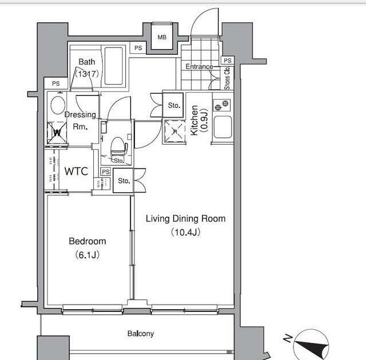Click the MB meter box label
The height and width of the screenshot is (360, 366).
click(x=162, y=37)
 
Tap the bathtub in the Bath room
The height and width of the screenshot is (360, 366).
click(x=114, y=66)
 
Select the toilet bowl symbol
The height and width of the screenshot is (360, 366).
click(x=118, y=146)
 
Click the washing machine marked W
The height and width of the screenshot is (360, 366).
click(x=57, y=133)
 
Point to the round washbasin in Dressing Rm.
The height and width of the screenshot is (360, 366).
click(x=58, y=105)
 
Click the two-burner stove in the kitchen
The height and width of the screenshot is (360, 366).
click(x=221, y=105)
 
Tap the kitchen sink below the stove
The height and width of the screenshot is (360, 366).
click(x=223, y=127)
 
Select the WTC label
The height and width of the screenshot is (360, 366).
click(x=76, y=171)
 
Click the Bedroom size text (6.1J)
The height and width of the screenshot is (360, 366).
click(x=87, y=255)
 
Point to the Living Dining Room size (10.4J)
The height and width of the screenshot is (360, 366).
click(x=185, y=232)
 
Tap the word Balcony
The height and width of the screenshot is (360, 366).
click(x=141, y=334)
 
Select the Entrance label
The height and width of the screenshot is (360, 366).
click(x=199, y=67)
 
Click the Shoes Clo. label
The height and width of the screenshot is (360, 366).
click(x=227, y=78)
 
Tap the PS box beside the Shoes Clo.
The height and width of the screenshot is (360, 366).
click(x=228, y=61)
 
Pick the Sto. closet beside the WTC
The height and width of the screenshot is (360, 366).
click(x=124, y=181)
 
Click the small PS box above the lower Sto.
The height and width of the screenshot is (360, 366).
click(x=105, y=172)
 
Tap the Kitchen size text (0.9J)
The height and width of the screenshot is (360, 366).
click(x=204, y=121)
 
